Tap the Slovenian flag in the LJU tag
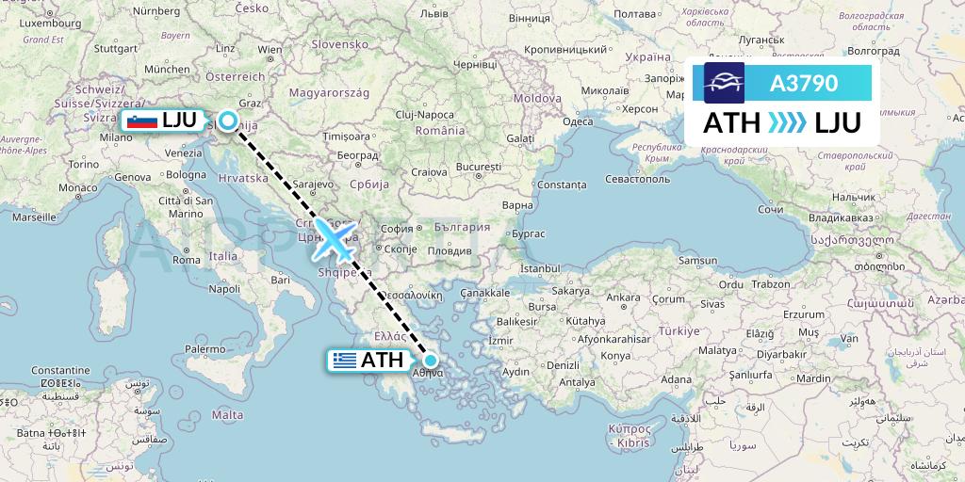142,120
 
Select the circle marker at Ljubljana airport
228,120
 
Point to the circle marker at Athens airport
431,360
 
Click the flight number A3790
803,83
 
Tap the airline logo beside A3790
724,83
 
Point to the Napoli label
224,289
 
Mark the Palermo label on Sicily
206,349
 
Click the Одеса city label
577,121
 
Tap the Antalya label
578,382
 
